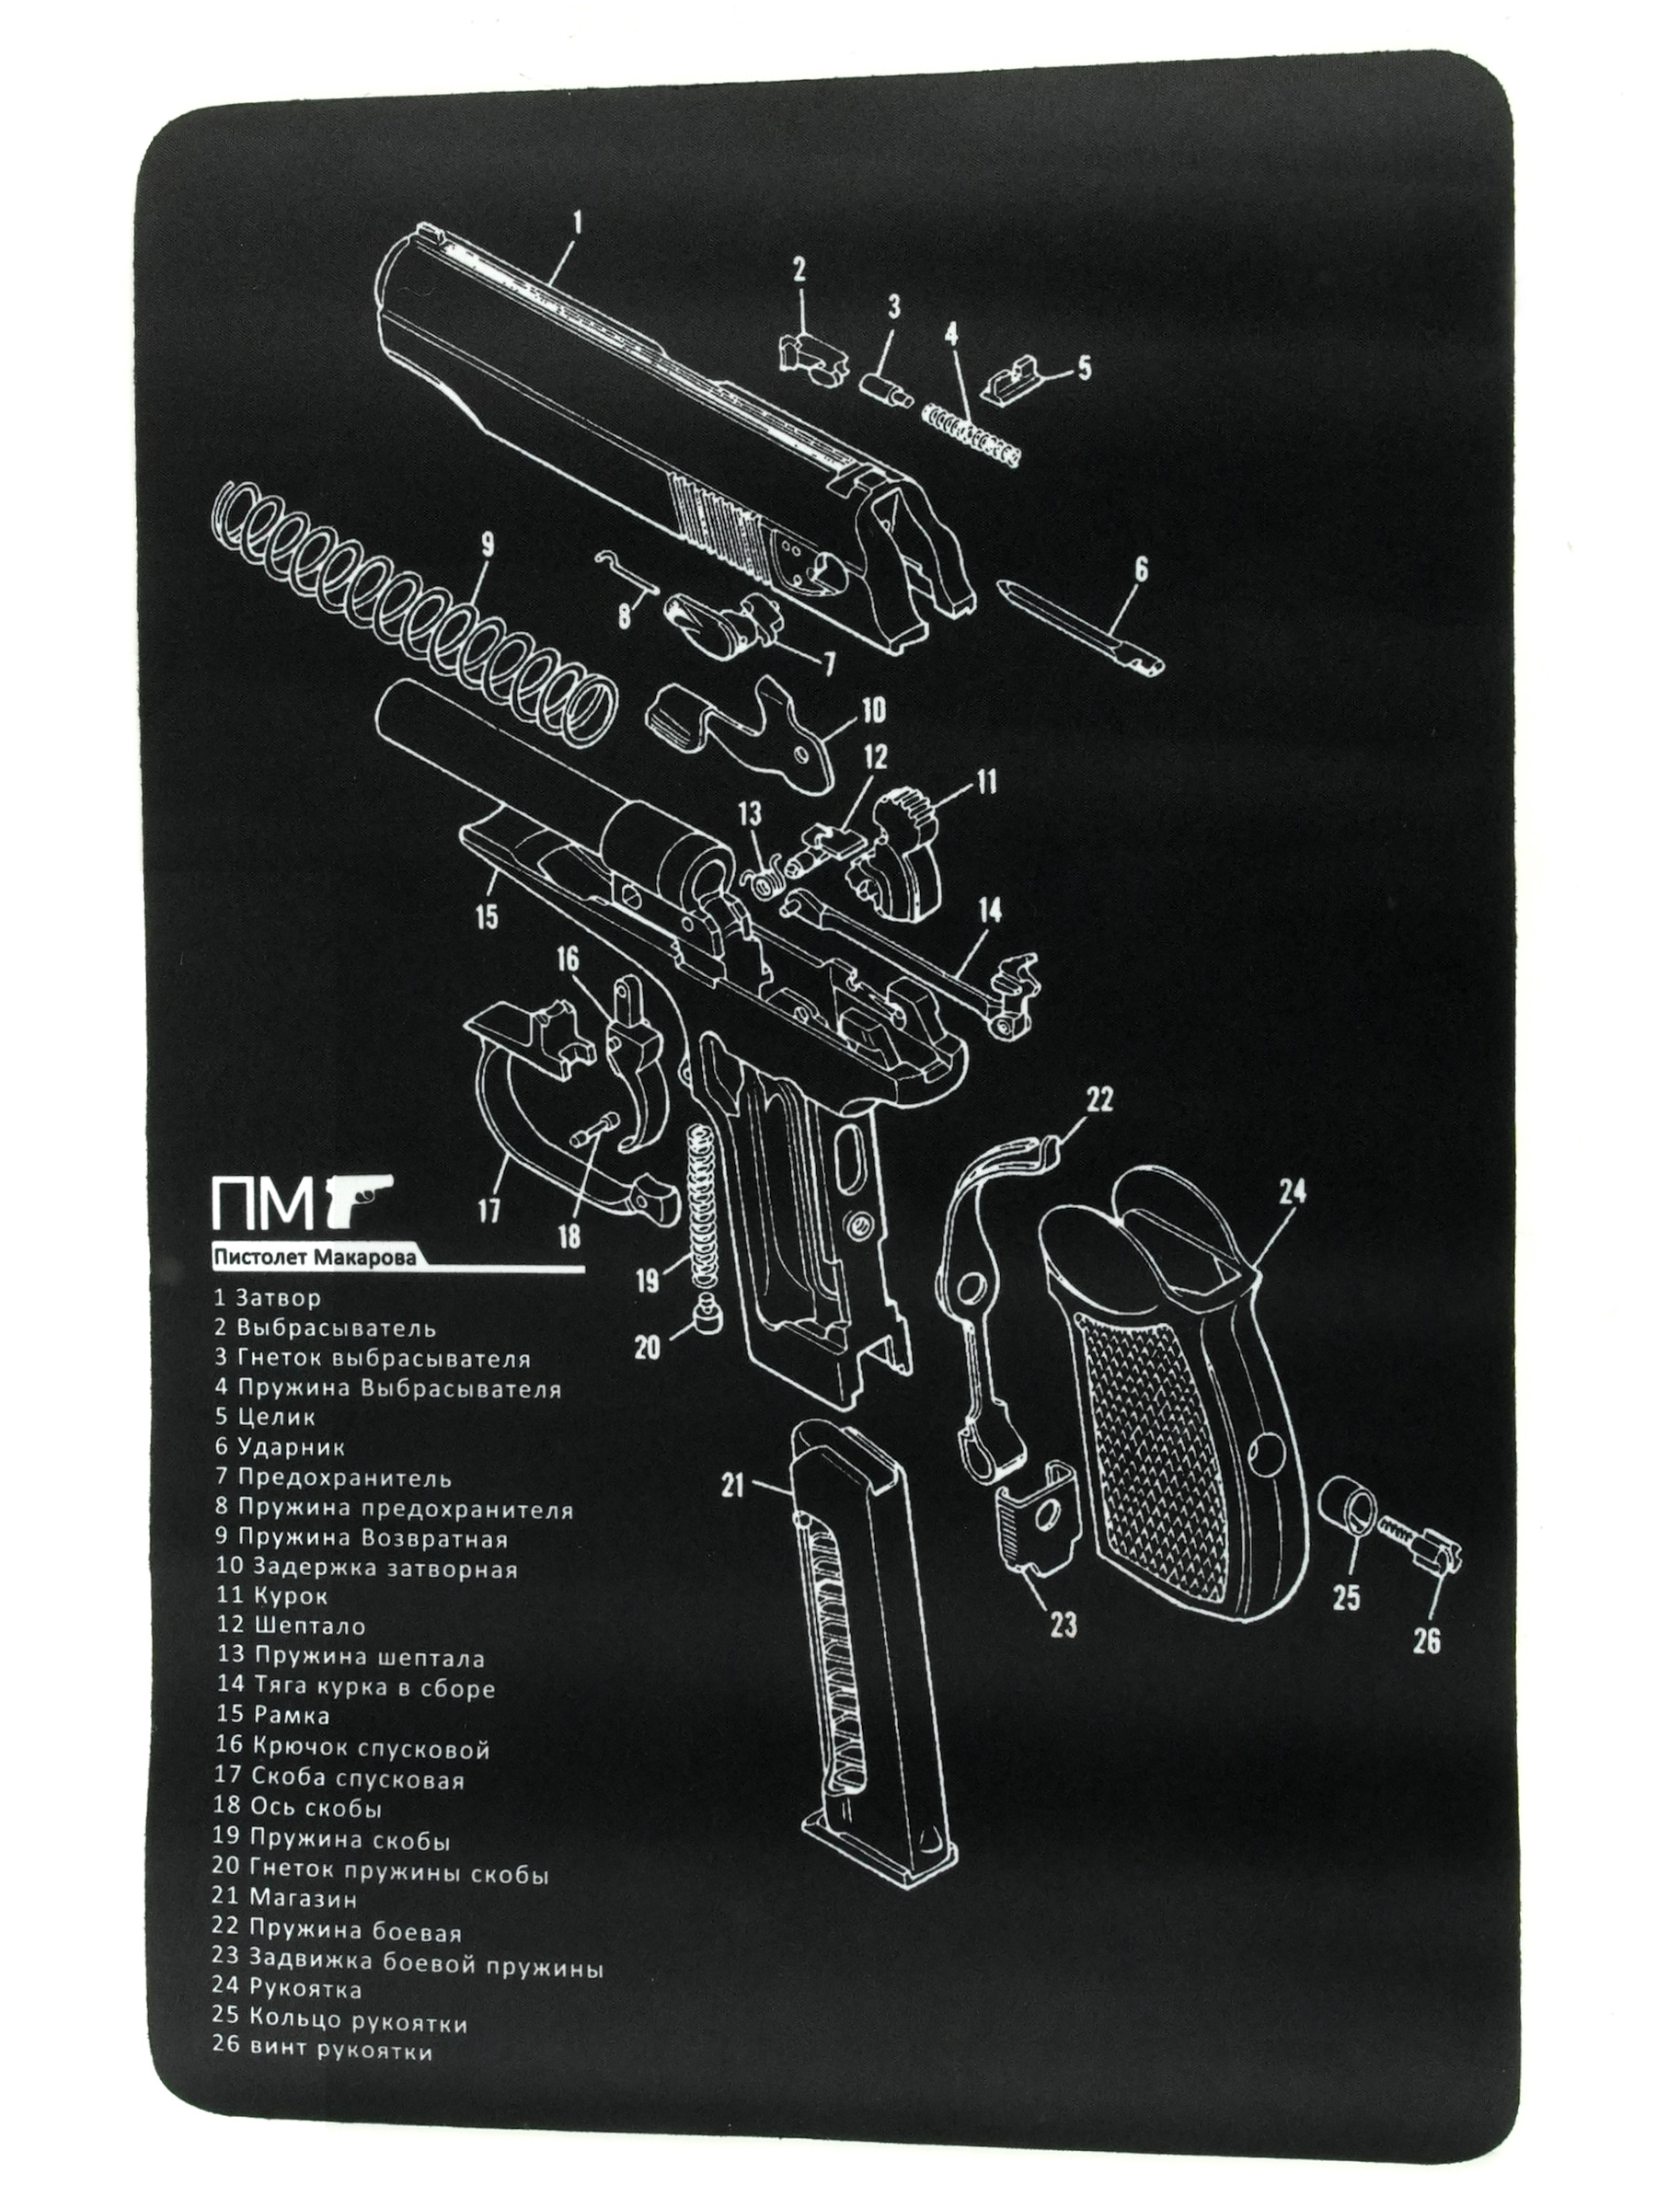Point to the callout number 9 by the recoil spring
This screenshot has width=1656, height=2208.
click(x=487, y=545)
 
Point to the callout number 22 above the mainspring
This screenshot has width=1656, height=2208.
click(x=1098, y=1100)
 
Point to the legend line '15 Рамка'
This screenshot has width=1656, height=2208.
click(x=271, y=1716)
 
